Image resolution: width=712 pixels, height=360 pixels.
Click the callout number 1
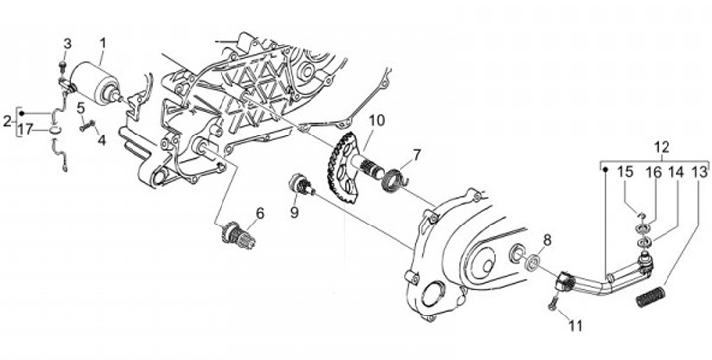point(103,44)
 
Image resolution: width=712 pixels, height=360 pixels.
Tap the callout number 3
point(67,45)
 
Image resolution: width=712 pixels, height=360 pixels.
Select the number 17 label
point(26,130)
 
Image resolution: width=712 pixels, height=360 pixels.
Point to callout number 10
point(377,121)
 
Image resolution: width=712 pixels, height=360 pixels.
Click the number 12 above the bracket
point(662,147)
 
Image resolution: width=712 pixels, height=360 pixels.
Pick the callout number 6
point(260,213)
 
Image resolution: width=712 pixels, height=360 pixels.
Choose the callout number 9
point(295,212)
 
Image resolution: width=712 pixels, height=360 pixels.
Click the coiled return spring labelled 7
point(395,180)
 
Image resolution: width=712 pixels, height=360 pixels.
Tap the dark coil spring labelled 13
point(650,295)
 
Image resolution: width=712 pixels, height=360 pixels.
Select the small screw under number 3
point(63,67)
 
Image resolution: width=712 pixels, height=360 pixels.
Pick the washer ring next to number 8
point(532,262)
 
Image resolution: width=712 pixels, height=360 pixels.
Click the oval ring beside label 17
point(55,130)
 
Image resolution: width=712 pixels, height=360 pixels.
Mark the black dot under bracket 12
point(606,170)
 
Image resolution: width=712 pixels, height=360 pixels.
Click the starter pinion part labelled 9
point(302,186)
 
